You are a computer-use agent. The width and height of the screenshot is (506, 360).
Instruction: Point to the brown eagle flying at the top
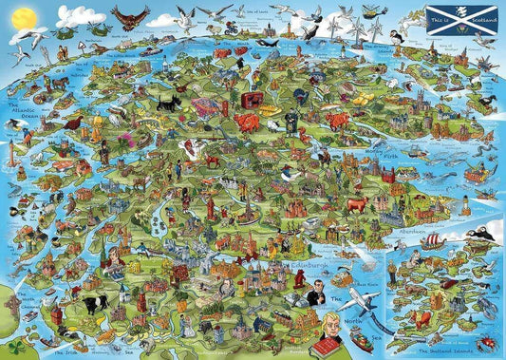tap(131, 17)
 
